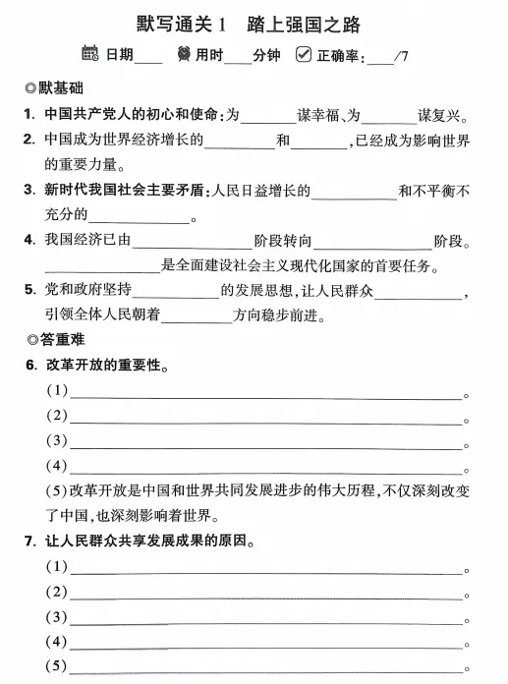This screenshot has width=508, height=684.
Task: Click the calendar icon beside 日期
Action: point(90,53)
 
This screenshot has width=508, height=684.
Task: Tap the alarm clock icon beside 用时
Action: point(182,53)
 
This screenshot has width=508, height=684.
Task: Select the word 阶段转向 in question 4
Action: point(284,241)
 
